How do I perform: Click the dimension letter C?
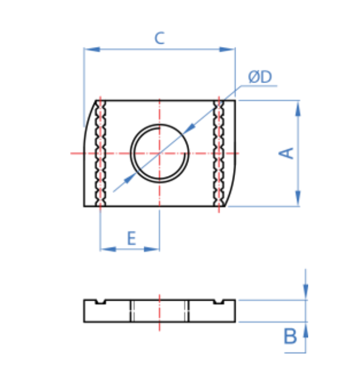(x=159, y=38)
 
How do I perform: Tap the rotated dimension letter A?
(x=287, y=153)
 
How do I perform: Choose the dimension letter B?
(x=290, y=336)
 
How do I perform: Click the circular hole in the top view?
(x=160, y=153)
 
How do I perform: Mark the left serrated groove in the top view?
(x=101, y=153)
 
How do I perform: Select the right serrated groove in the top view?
(x=219, y=153)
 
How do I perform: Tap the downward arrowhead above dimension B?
(x=306, y=294)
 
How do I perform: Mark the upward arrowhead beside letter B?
(x=306, y=329)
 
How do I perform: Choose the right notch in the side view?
(x=219, y=302)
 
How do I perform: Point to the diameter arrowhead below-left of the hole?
(x=131, y=177)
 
